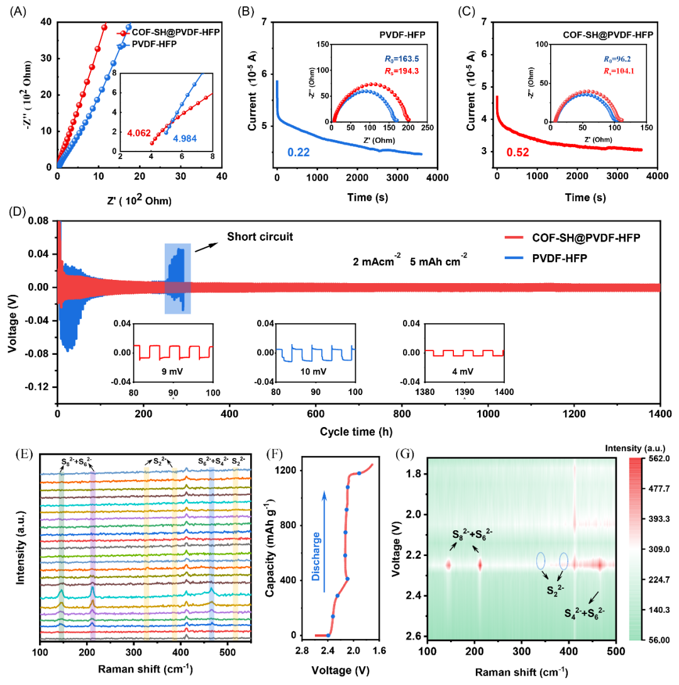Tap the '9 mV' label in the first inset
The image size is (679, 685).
pos(163,365)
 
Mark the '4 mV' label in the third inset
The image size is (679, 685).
pos(465,365)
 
